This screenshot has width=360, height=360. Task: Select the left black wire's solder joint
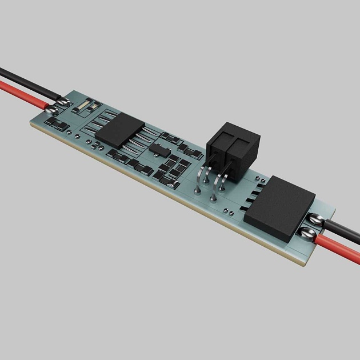tap(65, 103)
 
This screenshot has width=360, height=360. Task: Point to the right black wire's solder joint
tap(314, 218)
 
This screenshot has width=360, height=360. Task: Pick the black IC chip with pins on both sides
tap(122, 130)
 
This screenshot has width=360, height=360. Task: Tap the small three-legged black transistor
tap(158, 150)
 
